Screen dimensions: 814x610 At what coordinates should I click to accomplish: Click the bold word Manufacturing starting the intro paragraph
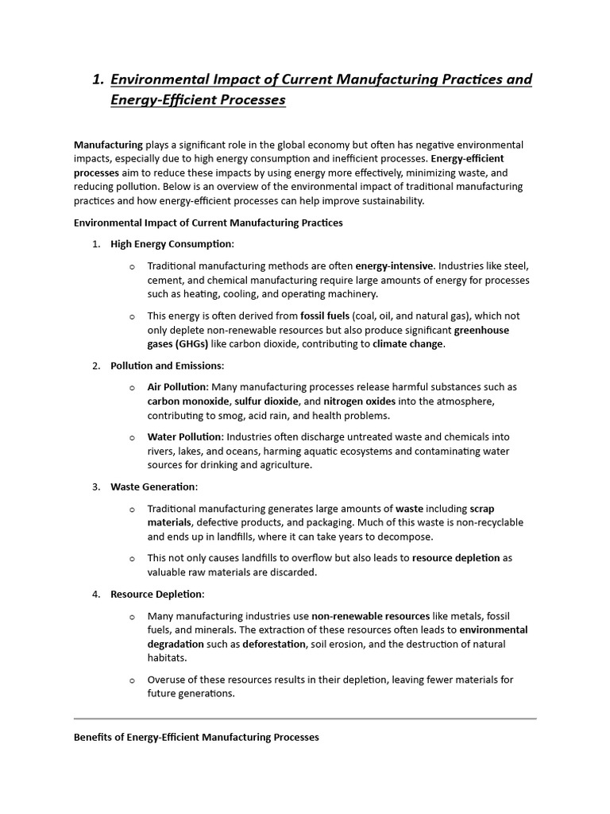click(x=108, y=145)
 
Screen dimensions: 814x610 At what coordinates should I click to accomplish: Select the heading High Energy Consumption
click(x=172, y=244)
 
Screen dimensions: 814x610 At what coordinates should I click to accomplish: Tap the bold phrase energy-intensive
click(x=394, y=265)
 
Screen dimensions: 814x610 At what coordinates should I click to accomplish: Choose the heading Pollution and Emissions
click(x=167, y=366)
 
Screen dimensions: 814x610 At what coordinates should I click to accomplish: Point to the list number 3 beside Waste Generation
click(x=96, y=486)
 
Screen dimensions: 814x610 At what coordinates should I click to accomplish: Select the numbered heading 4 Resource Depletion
click(x=156, y=594)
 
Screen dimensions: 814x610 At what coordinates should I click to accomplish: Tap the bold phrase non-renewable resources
click(x=370, y=615)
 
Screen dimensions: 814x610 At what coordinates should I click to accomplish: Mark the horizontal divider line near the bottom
click(x=305, y=719)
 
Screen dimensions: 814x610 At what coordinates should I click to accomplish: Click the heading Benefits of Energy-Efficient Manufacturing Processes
click(x=196, y=737)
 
